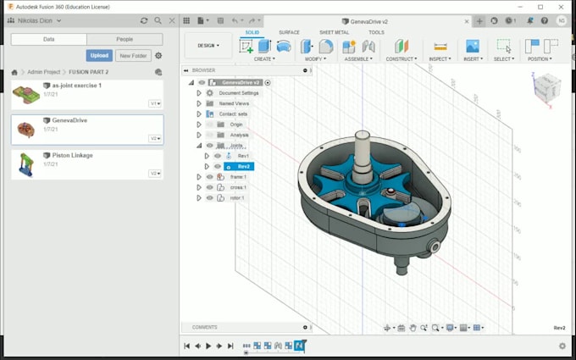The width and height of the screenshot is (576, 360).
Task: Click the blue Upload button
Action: [x=99, y=56]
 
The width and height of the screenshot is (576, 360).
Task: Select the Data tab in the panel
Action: [x=49, y=39]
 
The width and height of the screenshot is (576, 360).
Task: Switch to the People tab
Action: [x=125, y=39]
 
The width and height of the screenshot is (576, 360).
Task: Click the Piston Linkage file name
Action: [x=72, y=155]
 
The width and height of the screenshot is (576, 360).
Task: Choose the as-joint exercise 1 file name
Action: [x=76, y=86]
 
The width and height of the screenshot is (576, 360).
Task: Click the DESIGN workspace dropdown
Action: [x=208, y=46]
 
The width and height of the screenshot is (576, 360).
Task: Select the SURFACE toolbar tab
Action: [x=289, y=32]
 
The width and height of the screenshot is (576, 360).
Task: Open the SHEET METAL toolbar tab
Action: [x=334, y=32]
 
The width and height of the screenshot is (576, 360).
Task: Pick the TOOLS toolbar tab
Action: [x=376, y=32]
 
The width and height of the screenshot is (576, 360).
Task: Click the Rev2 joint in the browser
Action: [x=244, y=166]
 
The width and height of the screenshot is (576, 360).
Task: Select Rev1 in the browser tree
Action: [x=243, y=156]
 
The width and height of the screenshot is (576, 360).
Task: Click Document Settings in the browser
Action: [x=238, y=92]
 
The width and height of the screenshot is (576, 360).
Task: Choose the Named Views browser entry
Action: [x=234, y=102]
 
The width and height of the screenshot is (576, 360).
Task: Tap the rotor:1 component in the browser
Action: [x=236, y=197]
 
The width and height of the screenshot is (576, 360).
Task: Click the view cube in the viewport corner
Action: [x=546, y=87]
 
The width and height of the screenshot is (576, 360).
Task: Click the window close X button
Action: [x=563, y=7]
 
